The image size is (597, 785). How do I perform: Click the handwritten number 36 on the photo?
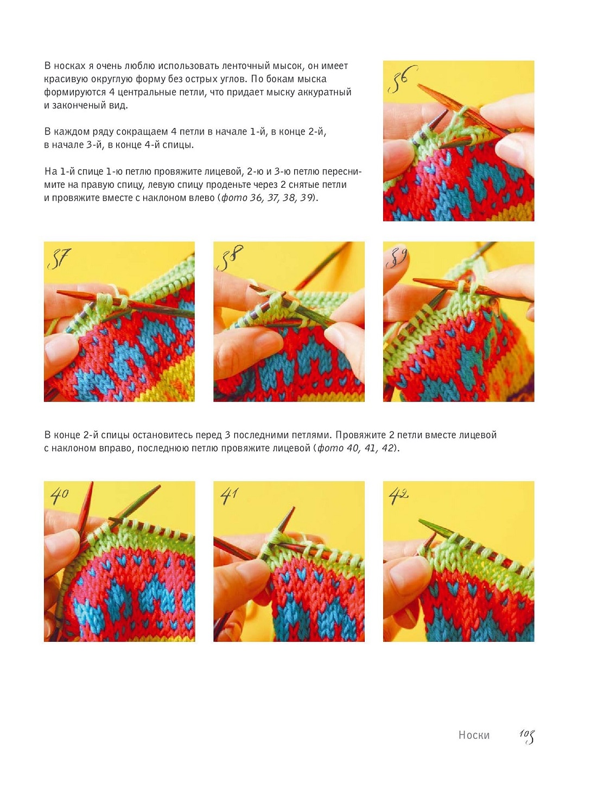(402, 79)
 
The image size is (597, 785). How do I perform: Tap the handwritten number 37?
(59, 258)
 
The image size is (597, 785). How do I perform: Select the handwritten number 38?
(230, 258)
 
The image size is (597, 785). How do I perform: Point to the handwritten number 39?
(397, 258)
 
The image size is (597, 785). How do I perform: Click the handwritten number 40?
(59, 496)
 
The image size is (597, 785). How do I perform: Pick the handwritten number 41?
(229, 496)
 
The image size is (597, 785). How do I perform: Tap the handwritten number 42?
(398, 496)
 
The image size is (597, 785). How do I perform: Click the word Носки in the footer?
(474, 735)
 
